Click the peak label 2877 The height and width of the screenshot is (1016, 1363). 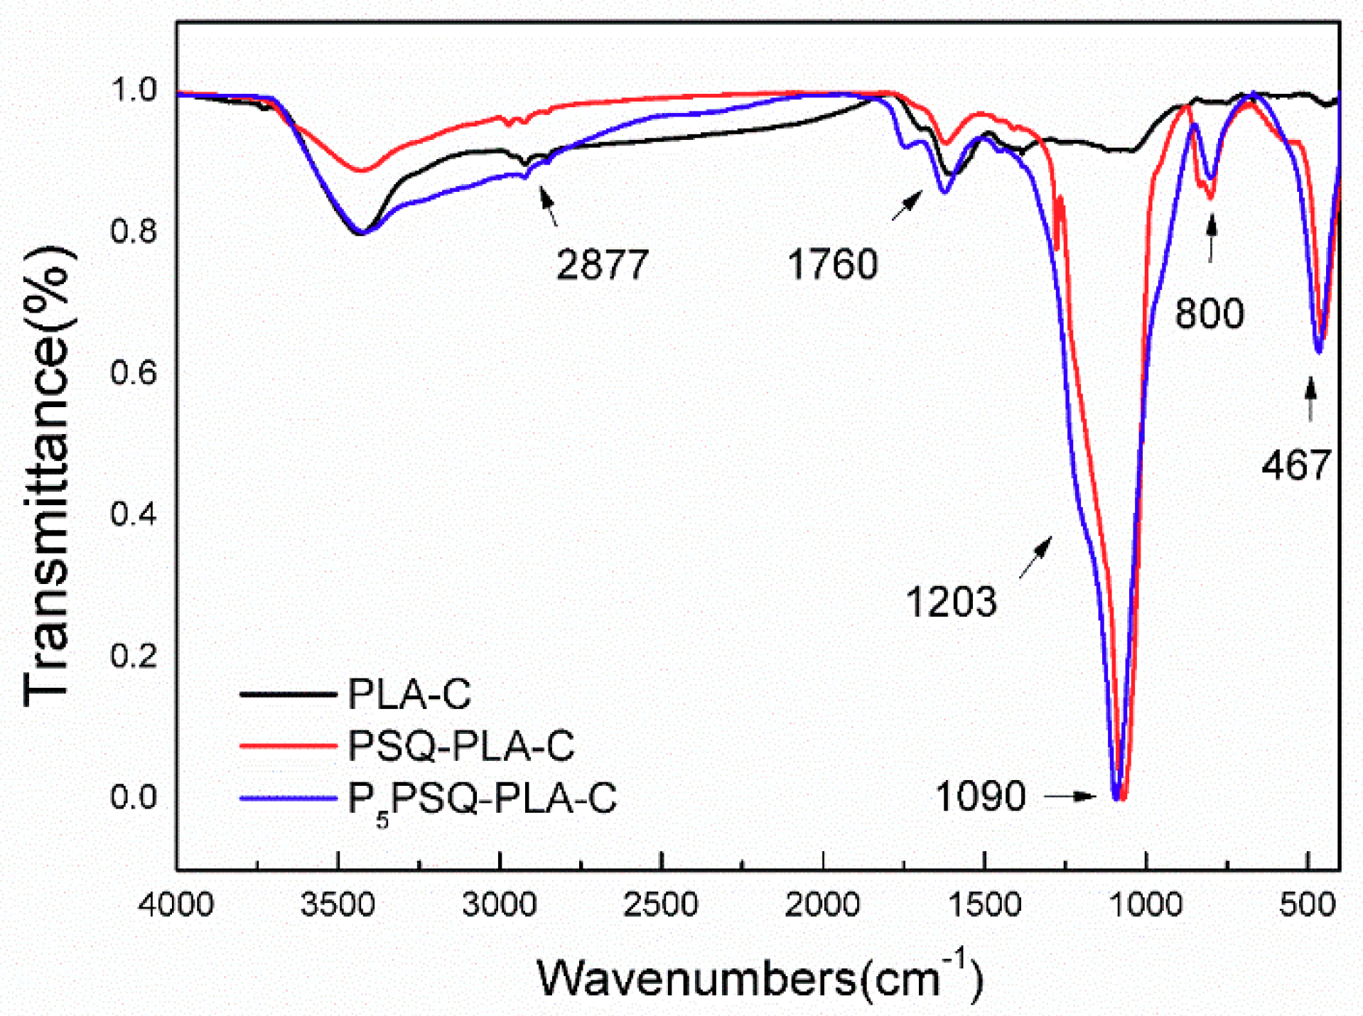602,265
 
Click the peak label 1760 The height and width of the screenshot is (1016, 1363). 832,264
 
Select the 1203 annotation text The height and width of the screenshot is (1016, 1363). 951,602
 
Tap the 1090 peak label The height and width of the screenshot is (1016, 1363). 980,795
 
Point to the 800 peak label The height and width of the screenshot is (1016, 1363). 1209,313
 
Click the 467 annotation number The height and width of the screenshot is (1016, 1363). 1295,465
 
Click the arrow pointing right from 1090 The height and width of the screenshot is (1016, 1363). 1070,796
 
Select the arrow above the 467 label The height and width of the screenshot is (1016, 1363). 1310,399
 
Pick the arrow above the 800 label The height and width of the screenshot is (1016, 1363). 1212,239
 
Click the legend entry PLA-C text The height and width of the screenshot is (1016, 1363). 409,694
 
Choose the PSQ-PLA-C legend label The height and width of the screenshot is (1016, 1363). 460,746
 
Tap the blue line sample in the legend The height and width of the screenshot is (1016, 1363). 288,798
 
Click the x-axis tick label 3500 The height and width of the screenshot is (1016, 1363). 338,904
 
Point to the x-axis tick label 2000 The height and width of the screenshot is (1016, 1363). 822,904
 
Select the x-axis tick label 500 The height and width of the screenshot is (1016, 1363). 1307,904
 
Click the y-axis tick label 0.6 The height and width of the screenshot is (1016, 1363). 133,372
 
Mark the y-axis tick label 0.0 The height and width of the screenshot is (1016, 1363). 133,796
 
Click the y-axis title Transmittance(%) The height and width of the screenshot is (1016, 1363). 47,476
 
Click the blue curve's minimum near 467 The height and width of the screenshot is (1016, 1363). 1318,351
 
